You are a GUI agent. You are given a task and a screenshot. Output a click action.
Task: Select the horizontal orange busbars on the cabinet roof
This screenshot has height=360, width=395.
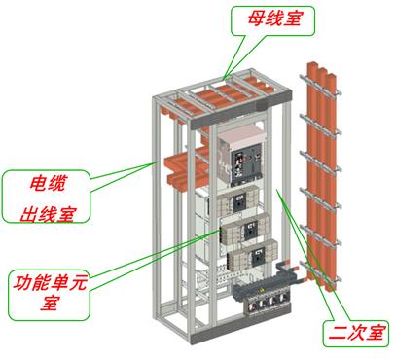pyautogui.click(x=219, y=95)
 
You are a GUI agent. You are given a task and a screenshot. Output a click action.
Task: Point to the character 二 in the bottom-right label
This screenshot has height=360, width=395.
pyautogui.click(x=335, y=331)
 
